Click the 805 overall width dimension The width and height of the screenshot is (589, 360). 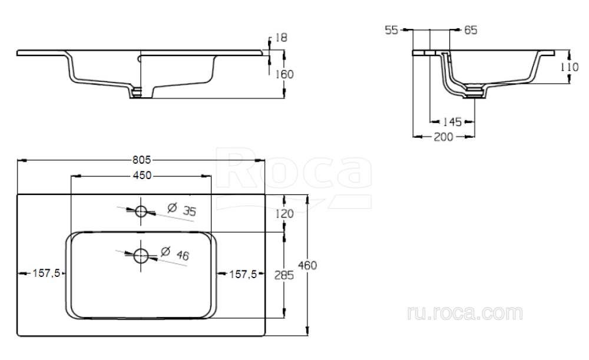coord(141,160)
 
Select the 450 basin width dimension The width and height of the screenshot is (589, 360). coord(142,176)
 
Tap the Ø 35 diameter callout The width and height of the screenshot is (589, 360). coord(182,210)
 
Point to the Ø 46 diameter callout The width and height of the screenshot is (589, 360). coord(175,253)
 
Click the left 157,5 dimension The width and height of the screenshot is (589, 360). coord(46,273)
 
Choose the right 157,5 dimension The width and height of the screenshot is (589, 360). coord(243,275)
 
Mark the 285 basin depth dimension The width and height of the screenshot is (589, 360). coord(284,275)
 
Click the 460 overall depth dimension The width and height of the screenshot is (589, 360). coord(307,266)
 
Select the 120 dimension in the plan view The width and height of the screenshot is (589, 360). coord(284,214)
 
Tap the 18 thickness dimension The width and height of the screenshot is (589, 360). coord(281,38)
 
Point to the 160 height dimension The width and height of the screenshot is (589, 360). coord(284,74)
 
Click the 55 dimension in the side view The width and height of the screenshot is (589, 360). coord(392,30)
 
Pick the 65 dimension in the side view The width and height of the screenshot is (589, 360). coord(471,30)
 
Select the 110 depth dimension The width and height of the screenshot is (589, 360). coord(570,67)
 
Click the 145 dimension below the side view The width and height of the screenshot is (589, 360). coord(452,122)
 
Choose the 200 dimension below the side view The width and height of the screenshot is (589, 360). coord(444,137)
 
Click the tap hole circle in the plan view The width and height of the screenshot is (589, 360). coord(141,212)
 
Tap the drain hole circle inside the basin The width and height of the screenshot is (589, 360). coord(141,256)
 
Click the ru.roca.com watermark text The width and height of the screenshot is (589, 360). coord(465,313)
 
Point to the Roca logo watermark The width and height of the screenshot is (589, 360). coord(294,177)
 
